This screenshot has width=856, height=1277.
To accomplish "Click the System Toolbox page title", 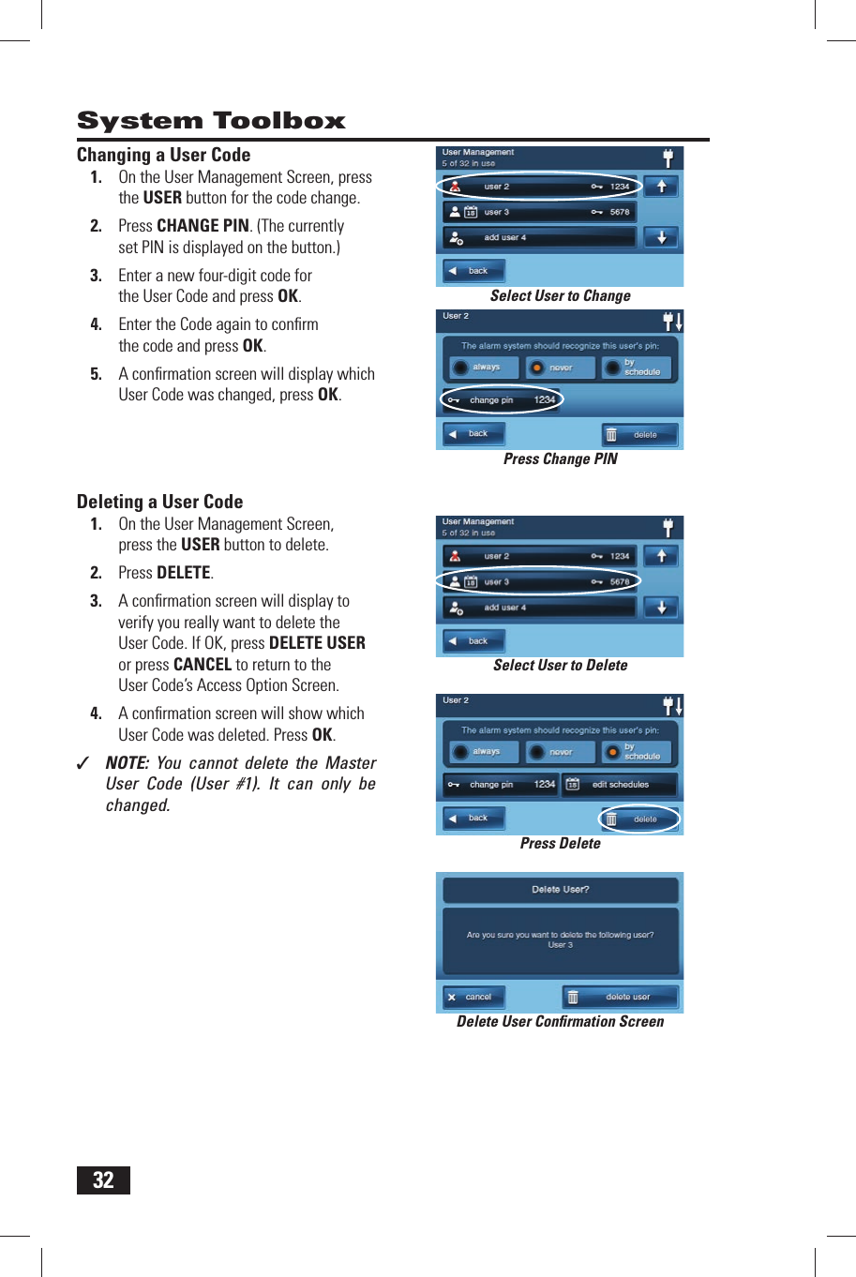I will pyautogui.click(x=211, y=121).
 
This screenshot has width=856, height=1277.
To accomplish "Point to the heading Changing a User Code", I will pyautogui.click(x=163, y=155).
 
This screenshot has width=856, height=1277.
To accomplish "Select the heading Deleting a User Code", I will pyautogui.click(x=159, y=502).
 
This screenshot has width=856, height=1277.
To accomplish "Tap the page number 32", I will pyautogui.click(x=103, y=1179).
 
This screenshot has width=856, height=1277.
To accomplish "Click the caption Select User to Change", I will pyautogui.click(x=560, y=296).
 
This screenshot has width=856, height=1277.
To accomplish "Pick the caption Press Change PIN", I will pyautogui.click(x=560, y=459).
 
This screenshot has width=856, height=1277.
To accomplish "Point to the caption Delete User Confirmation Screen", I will pyautogui.click(x=560, y=1022).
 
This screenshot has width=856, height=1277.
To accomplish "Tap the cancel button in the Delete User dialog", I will pyautogui.click(x=473, y=997).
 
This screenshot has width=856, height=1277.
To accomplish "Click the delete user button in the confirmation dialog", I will pyautogui.click(x=620, y=997).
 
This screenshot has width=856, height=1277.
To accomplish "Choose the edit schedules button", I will pyautogui.click(x=619, y=784).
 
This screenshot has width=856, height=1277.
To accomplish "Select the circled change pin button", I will pyautogui.click(x=502, y=400).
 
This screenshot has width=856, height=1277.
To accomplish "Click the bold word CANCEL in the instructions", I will pyautogui.click(x=203, y=665).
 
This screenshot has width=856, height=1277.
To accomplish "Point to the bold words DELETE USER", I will pyautogui.click(x=317, y=643).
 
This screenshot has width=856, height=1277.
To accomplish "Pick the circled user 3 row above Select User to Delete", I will pyautogui.click(x=539, y=581).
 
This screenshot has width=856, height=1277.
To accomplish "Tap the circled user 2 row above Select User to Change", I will pyautogui.click(x=539, y=187).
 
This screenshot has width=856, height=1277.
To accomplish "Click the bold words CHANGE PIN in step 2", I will pyautogui.click(x=203, y=226).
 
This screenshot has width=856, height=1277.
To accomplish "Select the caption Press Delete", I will pyautogui.click(x=560, y=844).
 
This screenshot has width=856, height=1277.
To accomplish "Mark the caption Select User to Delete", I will pyautogui.click(x=560, y=666).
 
